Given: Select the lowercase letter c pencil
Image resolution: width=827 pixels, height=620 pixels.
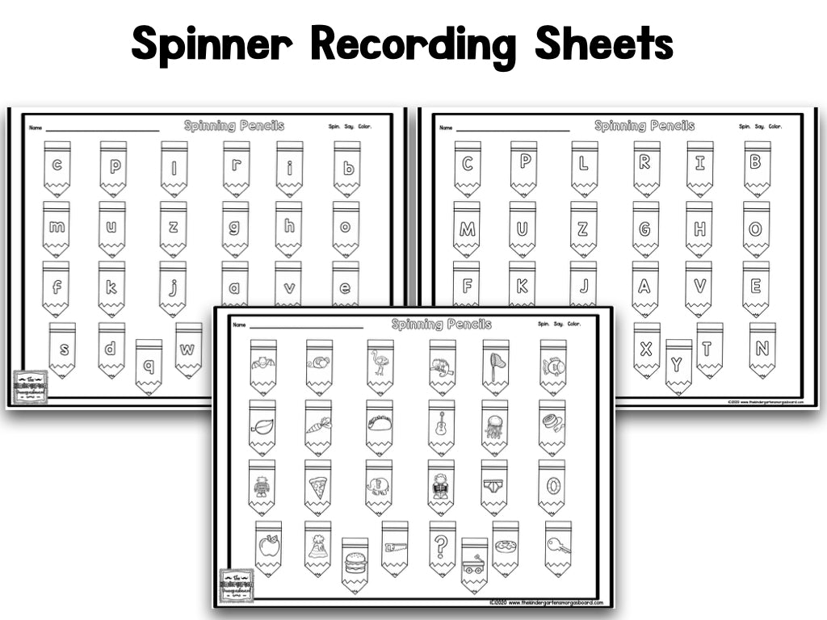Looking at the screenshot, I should [x=57, y=167].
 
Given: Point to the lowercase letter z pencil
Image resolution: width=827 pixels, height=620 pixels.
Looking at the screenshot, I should [x=173, y=227].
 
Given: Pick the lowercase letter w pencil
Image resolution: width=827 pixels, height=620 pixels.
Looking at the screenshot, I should [x=188, y=350].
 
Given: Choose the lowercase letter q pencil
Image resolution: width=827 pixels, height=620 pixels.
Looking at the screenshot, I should [x=149, y=365].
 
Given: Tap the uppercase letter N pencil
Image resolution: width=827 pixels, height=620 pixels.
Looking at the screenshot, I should [x=762, y=349].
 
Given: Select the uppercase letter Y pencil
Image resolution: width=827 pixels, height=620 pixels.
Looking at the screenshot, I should [x=678, y=365].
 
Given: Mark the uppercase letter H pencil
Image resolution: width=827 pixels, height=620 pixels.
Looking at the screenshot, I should [x=699, y=228].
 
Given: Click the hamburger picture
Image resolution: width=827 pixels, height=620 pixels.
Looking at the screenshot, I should [x=355, y=563].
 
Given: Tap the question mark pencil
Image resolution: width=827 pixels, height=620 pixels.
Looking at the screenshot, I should [x=442, y=547].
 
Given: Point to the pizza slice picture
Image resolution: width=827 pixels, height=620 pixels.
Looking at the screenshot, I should [x=317, y=486].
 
